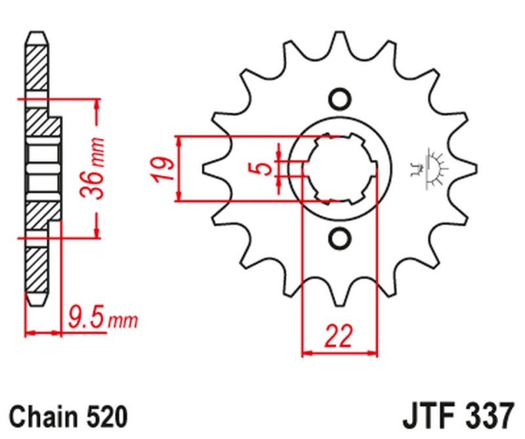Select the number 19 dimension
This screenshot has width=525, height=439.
(167, 169)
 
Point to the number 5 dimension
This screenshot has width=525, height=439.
(263, 168)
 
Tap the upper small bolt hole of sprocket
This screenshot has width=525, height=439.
(340, 99)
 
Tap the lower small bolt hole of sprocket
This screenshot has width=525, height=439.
(340, 237)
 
